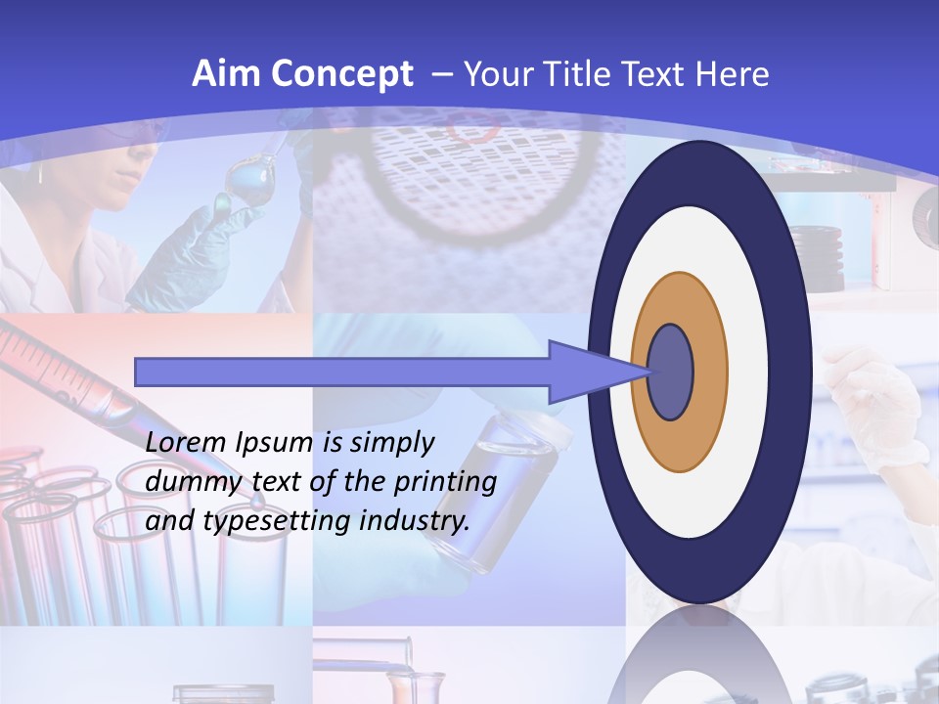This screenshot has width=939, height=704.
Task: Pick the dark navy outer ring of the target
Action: [x=699, y=171]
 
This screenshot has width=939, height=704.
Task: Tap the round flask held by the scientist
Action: [x=245, y=181]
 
